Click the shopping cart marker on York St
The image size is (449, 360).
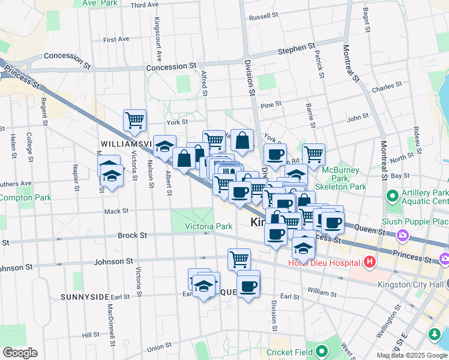(134, 120)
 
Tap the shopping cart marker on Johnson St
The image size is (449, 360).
(239, 259)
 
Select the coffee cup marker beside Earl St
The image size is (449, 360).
(248, 286)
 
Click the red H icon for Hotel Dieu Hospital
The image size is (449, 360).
(369, 262)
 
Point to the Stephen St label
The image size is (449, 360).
(296, 47)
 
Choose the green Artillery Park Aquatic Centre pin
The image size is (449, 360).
(392, 196)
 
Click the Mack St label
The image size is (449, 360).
(116, 211)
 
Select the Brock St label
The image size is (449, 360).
(132, 236)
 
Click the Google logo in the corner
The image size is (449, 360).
(20, 353)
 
